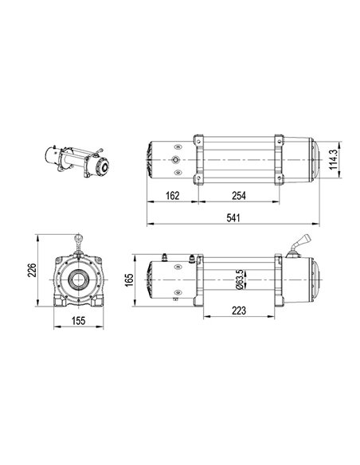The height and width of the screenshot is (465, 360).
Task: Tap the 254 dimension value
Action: coord(237,194)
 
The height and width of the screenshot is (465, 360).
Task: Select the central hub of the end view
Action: coord(79,280)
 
